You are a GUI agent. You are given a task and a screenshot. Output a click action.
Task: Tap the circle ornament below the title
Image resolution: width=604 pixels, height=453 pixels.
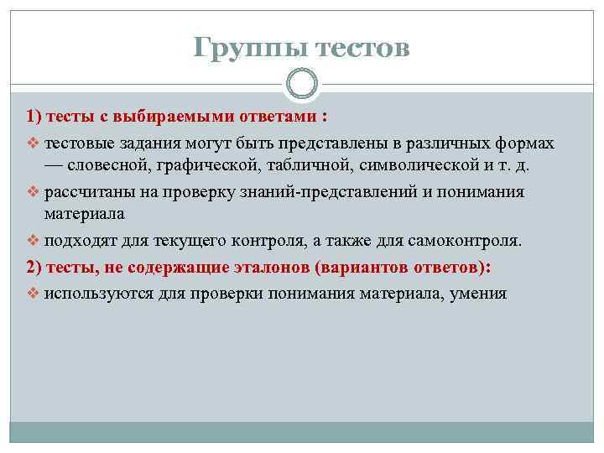[x=302, y=83]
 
